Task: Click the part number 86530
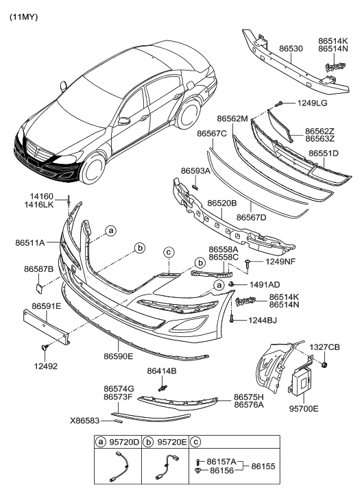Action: (x=287, y=50)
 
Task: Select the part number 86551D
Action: (x=324, y=153)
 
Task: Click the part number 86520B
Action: (x=216, y=203)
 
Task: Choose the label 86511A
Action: (x=31, y=242)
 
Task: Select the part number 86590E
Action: (x=119, y=357)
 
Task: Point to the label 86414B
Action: (x=162, y=371)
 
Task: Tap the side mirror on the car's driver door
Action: (x=124, y=121)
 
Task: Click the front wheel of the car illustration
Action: (x=94, y=171)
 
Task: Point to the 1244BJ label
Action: (x=263, y=319)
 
